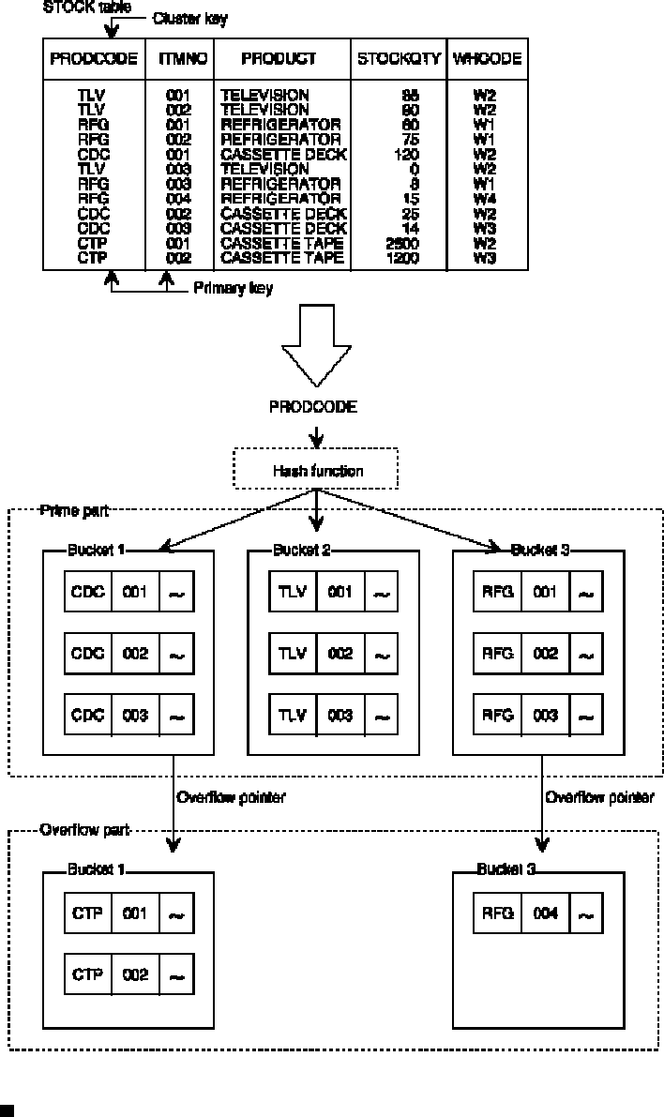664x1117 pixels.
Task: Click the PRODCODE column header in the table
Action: pos(93,58)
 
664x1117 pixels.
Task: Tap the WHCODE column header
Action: pos(487,58)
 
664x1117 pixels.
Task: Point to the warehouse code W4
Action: pos(485,198)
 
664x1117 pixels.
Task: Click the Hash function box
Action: pos(317,472)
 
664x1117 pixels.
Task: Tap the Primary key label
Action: pos(233,289)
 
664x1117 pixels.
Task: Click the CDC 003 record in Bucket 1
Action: pos(128,716)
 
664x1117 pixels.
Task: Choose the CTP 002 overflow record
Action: pos(128,975)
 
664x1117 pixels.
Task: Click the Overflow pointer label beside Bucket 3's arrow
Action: pos(600,798)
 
